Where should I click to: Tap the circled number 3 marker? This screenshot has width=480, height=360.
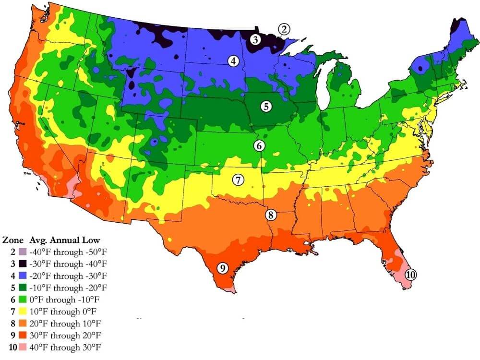[255, 40]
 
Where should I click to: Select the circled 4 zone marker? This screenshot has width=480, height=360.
[233, 61]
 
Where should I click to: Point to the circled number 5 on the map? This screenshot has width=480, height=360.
[266, 107]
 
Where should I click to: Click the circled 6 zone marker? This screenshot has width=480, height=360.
[259, 145]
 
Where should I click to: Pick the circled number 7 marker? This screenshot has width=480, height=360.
[238, 180]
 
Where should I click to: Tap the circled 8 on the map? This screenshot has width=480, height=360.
[271, 215]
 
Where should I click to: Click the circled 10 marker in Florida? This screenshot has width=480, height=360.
[410, 275]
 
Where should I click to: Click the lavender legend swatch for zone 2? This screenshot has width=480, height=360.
[22, 252]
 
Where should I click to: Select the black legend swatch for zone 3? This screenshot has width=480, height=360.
[22, 264]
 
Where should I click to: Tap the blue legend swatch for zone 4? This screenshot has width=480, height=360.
[22, 276]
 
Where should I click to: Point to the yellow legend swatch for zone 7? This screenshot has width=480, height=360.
[22, 311]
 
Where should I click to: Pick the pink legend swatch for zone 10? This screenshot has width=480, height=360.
[22, 347]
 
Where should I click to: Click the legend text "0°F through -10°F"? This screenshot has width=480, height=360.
[70, 299]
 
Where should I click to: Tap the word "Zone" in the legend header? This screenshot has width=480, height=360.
[13, 240]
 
